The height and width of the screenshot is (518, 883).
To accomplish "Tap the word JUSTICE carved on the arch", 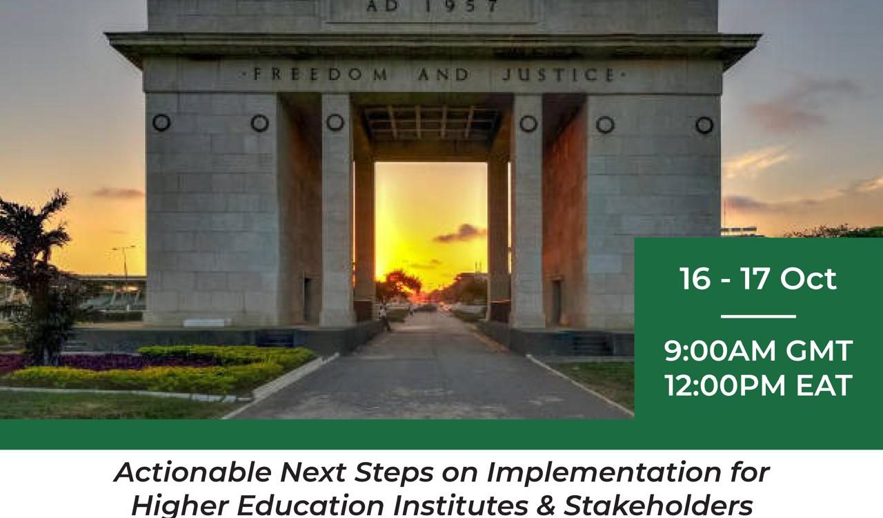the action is tap(559, 75).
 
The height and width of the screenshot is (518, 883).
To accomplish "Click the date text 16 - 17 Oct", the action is tap(757, 279).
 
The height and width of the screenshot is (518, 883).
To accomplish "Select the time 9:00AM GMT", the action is tap(758, 351).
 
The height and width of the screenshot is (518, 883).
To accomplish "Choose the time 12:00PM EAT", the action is tap(758, 385).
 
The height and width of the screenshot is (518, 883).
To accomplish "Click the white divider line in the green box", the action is tap(758, 316).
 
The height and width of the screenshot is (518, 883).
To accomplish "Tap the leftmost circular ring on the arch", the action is tap(161, 123).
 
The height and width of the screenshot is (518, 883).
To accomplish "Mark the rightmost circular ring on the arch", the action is tap(704, 125).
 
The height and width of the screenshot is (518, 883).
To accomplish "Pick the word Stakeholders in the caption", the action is tap(659, 505).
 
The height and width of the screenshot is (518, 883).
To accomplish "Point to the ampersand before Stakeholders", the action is tap(546, 506).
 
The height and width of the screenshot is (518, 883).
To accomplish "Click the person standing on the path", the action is tap(383, 318).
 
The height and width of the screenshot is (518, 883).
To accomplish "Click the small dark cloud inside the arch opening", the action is tap(460, 233).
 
